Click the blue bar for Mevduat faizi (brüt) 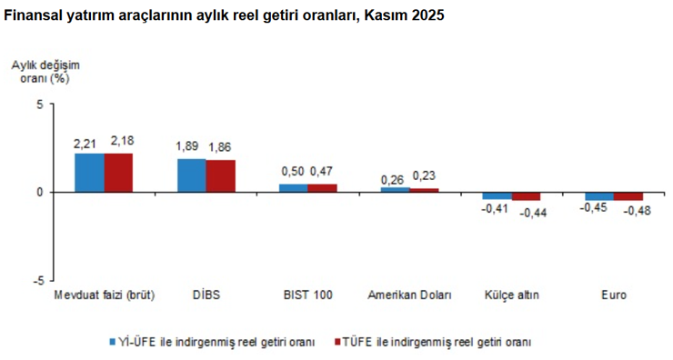89,173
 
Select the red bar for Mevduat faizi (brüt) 118,173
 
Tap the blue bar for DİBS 191,175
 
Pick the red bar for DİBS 220,176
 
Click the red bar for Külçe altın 527,196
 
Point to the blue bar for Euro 599,196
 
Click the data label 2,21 86,142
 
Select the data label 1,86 222,147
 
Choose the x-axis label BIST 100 307,295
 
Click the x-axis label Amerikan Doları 409,295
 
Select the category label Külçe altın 511,295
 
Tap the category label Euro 614,295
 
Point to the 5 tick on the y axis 39,104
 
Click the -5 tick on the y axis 37,281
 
